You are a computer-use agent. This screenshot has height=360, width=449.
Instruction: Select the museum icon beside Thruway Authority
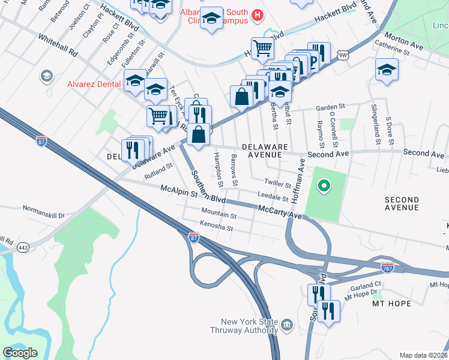[287, 326]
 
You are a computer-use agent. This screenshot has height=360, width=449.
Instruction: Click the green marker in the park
[324, 187]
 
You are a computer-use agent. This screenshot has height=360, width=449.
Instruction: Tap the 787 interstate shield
[387, 266]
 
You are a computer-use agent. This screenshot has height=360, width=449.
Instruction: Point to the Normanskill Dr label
[43, 211]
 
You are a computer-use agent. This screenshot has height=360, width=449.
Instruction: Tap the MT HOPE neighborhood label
[392, 304]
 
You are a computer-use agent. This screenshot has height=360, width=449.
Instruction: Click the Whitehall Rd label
[58, 44]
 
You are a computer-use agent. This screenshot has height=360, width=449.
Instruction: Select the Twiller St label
[277, 183]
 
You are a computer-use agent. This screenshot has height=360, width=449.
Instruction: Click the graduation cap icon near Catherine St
[387, 70]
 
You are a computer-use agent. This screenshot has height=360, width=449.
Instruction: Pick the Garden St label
[328, 108]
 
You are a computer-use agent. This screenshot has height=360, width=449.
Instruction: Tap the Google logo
[20, 353]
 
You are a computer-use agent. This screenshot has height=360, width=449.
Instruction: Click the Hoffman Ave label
[296, 184]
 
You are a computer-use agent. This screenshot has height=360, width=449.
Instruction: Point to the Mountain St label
[218, 214]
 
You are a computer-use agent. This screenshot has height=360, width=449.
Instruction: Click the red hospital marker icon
[258, 14]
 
